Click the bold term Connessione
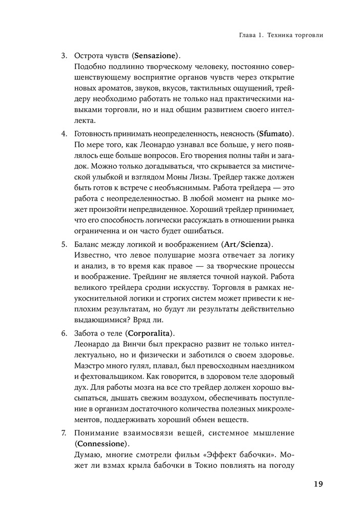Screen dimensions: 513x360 [102, 443]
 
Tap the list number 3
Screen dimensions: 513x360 [64, 55]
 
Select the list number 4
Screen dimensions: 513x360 [64, 134]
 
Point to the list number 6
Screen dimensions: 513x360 [64, 332]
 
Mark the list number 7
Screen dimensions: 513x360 [64, 432]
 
